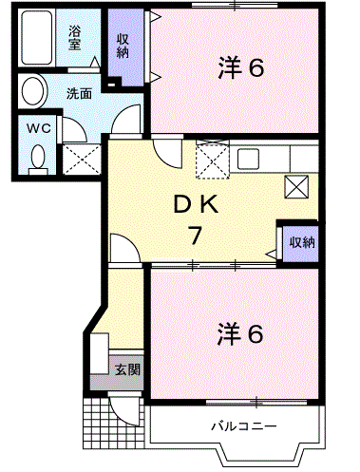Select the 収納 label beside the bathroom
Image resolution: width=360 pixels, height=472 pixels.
pyautogui.click(x=123, y=44)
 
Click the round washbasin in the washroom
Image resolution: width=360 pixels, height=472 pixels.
pyautogui.click(x=34, y=92)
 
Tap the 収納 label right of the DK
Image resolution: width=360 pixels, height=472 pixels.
pyautogui.click(x=302, y=241)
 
